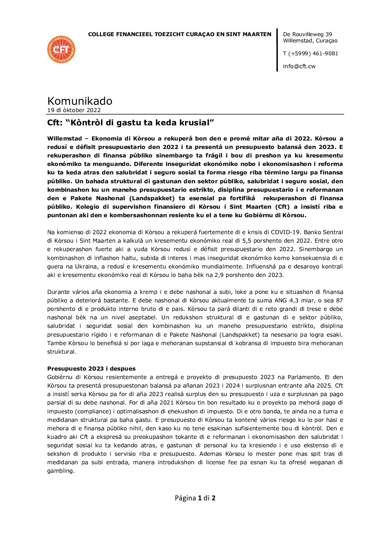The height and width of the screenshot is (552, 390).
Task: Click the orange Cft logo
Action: [x=61, y=49]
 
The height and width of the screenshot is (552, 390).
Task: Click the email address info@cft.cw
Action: [x=299, y=66]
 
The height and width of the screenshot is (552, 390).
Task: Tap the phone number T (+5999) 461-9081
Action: [x=310, y=53]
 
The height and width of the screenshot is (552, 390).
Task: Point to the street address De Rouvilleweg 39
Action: [x=307, y=34]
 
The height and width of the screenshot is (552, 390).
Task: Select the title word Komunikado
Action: [x=80, y=101]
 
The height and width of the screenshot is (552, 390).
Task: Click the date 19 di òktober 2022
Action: [x=74, y=110]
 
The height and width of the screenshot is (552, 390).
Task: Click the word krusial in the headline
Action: [x=196, y=123]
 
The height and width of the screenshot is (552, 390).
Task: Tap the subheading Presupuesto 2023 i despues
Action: [x=91, y=368]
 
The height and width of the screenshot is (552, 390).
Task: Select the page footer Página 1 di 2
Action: [x=195, y=498]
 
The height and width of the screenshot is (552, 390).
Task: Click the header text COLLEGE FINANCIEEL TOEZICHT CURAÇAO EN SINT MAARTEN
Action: [x=180, y=34]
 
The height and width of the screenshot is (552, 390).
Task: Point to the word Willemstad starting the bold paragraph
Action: [x=65, y=139]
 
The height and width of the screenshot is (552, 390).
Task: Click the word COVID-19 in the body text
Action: [x=330, y=232]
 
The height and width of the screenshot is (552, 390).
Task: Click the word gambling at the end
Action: [x=60, y=471]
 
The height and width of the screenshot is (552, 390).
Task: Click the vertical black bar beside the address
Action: [x=277, y=50]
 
